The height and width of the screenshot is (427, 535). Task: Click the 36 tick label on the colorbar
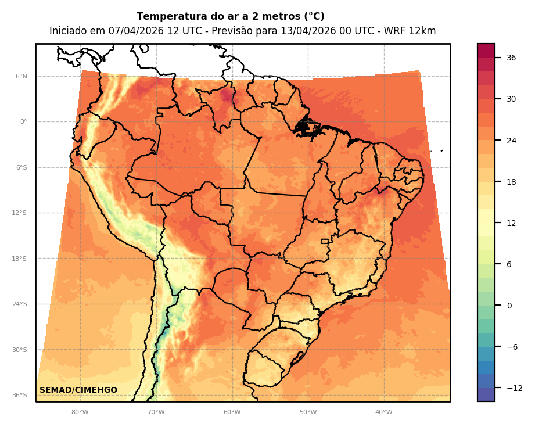511,58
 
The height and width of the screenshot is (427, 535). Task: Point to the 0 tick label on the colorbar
509,306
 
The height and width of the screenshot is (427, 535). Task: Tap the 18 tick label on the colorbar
511,182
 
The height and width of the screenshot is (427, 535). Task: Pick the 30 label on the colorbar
511,99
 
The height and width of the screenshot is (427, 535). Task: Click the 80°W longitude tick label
80,412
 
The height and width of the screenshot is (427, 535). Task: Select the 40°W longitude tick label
383,412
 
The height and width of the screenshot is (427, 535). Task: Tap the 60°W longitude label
232,412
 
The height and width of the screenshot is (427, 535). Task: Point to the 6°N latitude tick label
21,76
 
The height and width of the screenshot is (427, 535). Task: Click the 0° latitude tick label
24,122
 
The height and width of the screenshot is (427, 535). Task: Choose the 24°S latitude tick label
20,304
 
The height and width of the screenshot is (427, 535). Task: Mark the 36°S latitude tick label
20,395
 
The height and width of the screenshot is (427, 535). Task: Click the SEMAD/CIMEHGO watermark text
78,390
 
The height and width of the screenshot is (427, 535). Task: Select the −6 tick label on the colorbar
511,347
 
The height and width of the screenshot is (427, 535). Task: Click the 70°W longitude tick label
156,412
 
